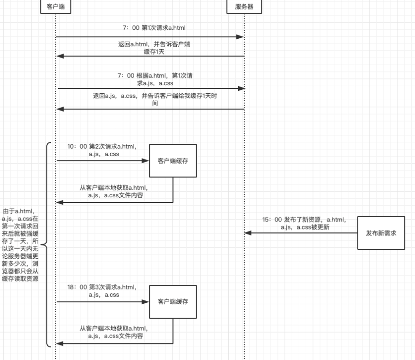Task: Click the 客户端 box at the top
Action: (56, 7)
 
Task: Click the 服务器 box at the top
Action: (244, 7)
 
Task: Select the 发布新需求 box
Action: (381, 233)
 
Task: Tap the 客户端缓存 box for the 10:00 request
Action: (173, 161)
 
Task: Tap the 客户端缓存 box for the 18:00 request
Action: (173, 302)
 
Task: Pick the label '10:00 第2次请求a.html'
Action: (102, 150)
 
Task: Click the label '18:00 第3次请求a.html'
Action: (102, 290)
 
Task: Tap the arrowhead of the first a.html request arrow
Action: (241, 36)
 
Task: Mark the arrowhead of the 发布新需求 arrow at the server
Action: (247, 233)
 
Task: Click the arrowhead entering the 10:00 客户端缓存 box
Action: (147, 161)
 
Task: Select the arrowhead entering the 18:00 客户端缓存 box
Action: (147, 302)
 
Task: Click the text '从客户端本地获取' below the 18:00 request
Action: (113, 332)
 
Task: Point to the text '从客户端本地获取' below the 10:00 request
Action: (113, 191)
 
